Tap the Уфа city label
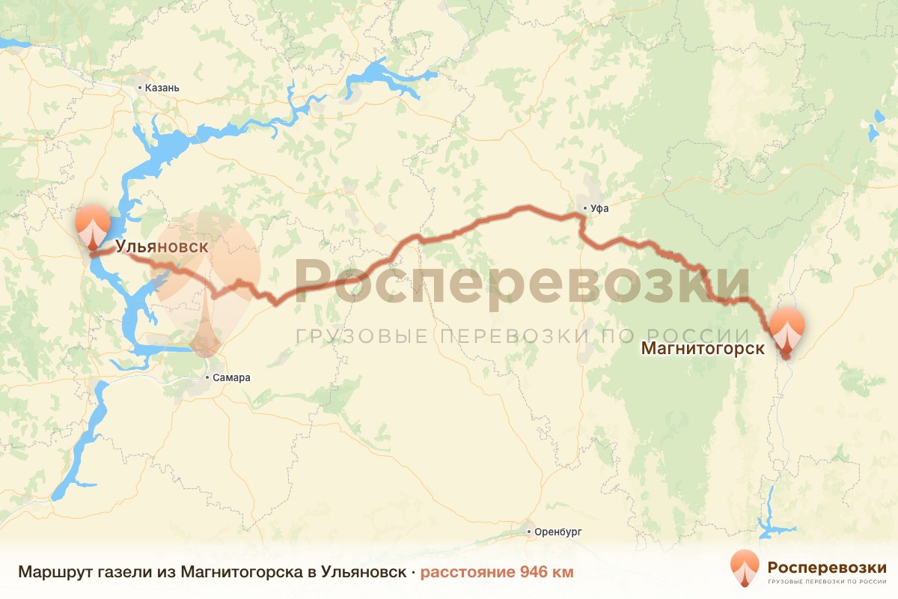[599, 209]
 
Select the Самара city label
[232, 378]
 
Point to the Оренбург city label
[558, 532]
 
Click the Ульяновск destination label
[161, 246]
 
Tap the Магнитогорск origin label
[702, 348]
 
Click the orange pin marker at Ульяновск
[93, 223]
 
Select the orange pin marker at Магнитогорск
[787, 329]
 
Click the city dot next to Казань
[140, 88]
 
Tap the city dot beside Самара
[209, 378]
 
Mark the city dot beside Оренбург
[530, 532]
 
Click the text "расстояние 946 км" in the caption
[497, 572]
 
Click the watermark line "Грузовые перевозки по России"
[522, 335]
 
